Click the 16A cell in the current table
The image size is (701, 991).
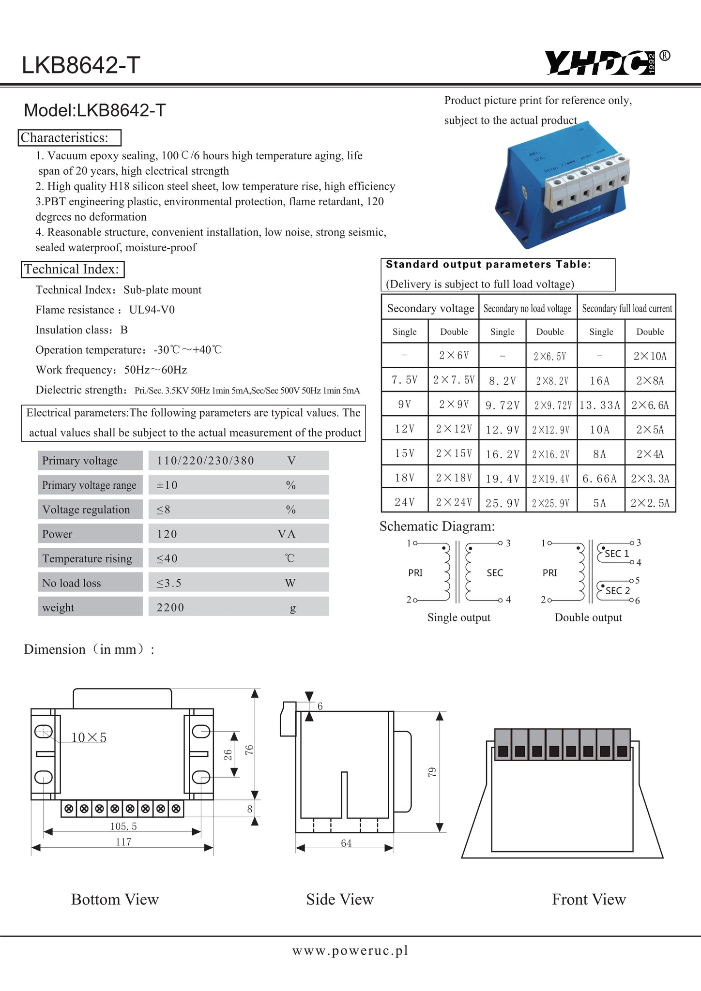(600, 381)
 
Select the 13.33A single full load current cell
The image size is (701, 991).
(600, 405)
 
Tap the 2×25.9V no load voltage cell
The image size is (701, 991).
(550, 503)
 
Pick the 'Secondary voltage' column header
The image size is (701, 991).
(430, 308)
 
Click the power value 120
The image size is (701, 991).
(167, 534)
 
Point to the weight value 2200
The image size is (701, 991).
(170, 607)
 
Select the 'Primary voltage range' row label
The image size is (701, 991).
(89, 485)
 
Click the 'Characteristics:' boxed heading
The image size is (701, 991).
(70, 138)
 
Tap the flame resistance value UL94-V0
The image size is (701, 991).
(152, 310)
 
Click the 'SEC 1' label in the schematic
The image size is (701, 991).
(617, 554)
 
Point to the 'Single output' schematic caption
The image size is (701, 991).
(458, 617)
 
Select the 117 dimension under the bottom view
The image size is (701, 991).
(123, 842)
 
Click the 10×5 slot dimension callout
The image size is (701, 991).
(89, 737)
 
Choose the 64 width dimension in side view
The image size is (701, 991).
(346, 843)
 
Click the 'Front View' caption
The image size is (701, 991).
(589, 899)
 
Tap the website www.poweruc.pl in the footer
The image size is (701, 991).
(350, 950)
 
